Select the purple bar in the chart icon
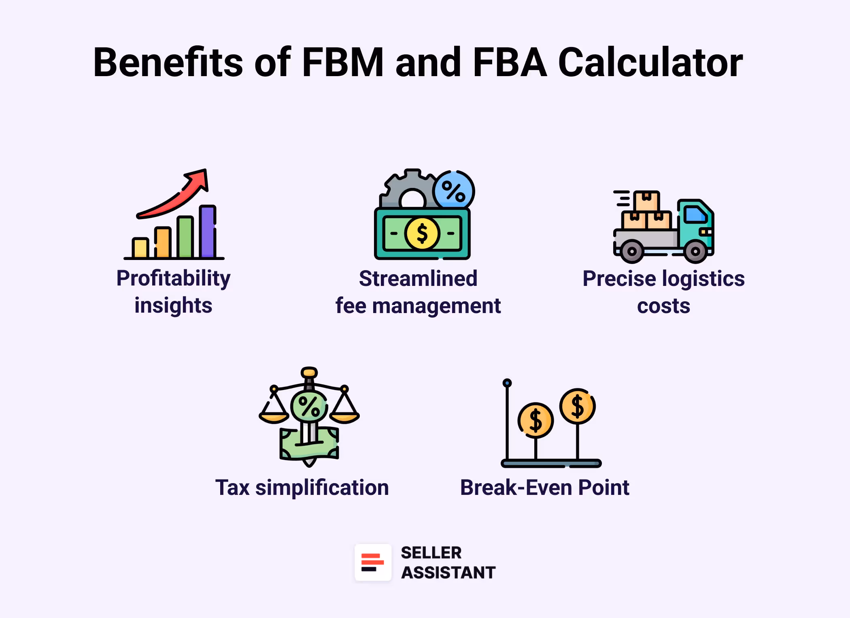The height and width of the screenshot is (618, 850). [207, 232]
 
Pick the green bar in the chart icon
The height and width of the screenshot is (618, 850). [185, 238]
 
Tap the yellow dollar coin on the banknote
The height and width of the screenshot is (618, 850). [422, 234]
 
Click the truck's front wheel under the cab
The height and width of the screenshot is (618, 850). [695, 251]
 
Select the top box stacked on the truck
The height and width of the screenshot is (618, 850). [646, 200]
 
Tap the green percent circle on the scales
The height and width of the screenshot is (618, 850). [309, 406]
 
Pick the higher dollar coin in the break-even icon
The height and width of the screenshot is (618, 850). [577, 406]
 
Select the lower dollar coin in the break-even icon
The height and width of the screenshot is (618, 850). [535, 420]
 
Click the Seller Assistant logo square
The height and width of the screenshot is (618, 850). [373, 563]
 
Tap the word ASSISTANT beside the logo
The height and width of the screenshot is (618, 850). [448, 573]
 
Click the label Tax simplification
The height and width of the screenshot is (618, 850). [302, 488]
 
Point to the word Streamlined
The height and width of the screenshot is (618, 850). [418, 279]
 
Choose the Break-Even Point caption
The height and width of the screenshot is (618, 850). [544, 488]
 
